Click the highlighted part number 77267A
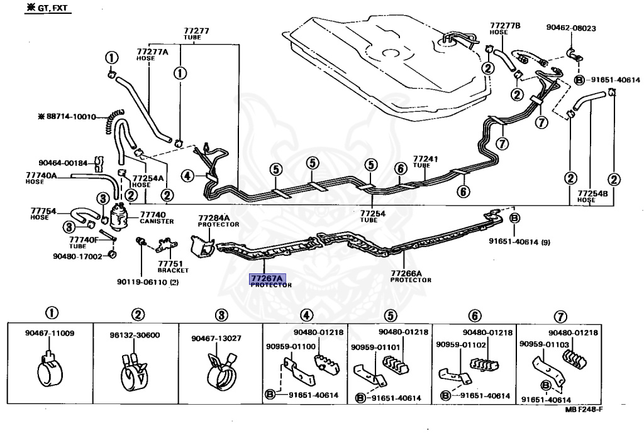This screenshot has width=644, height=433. click(x=267, y=278)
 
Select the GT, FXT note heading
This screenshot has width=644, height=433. click(x=48, y=8)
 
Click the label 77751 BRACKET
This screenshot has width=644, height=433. click(x=173, y=267)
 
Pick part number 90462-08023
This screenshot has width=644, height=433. click(x=571, y=28)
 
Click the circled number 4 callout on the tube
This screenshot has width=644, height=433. click(x=187, y=176)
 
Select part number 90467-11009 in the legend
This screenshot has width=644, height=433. click(x=50, y=333)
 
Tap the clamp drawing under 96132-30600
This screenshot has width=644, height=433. click(x=135, y=371)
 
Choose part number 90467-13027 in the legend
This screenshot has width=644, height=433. click(x=216, y=338)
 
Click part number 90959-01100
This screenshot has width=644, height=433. click(x=291, y=347)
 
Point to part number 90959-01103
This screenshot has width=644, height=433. click(x=544, y=344)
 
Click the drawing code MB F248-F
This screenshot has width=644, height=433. click(x=583, y=409)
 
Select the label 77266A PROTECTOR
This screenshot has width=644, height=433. click(x=411, y=277)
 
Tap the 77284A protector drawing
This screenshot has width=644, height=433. click(x=202, y=246)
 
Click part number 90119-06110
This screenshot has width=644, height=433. click(x=148, y=282)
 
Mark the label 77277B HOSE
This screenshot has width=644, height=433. click(x=505, y=28)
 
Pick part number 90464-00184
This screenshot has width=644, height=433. click(x=64, y=163)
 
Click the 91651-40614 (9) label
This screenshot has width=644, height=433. click(x=519, y=242)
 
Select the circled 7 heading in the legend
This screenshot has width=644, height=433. click(x=560, y=317)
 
